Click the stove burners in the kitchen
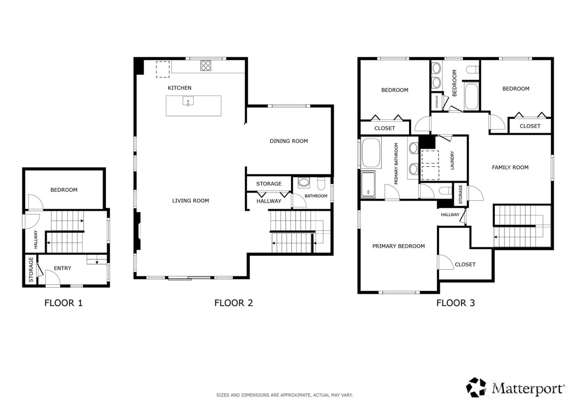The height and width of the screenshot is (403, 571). (x=206, y=66)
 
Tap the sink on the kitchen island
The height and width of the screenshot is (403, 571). (x=188, y=101)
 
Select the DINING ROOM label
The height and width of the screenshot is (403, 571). (x=288, y=141)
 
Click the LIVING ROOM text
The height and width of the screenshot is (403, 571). (x=190, y=200)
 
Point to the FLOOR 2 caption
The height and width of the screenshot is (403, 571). (x=233, y=303)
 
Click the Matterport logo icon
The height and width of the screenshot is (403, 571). (x=478, y=387)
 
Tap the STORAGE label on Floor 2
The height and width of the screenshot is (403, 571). (x=268, y=184)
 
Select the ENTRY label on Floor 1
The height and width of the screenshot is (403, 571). (x=62, y=268)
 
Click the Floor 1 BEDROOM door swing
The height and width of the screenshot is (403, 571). (x=34, y=202)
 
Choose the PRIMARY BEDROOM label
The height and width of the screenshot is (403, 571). (x=398, y=246)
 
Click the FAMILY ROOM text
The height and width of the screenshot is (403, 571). (x=510, y=167)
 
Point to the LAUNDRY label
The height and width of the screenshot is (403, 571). (x=452, y=160)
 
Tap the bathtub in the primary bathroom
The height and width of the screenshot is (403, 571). (x=371, y=153)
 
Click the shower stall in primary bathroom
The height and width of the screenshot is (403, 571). (x=368, y=184)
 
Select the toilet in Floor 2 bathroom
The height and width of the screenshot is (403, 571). (x=321, y=185)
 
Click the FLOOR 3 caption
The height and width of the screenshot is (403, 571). (x=455, y=303)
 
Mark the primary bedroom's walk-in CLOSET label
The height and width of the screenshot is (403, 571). (x=465, y=264)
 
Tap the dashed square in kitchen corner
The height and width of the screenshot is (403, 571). (x=162, y=69)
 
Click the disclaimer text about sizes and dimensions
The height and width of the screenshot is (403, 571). (x=284, y=395)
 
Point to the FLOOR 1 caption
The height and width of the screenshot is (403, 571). (x=63, y=303)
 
